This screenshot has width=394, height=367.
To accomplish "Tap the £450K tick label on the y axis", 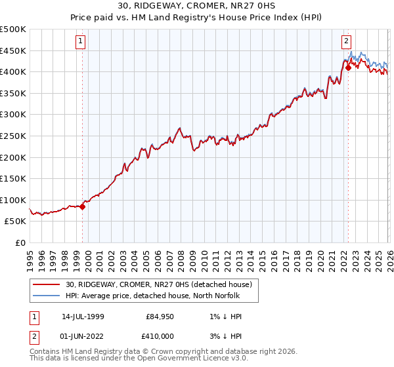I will (x=13, y=50).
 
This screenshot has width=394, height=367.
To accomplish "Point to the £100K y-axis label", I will (x=13, y=200).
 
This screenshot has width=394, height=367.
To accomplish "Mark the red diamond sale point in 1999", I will (x=82, y=206).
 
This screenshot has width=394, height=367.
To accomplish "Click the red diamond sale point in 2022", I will (x=348, y=67).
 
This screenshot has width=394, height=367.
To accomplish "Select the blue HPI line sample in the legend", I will (x=47, y=296).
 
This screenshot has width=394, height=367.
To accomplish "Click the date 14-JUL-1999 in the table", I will (x=83, y=317).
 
